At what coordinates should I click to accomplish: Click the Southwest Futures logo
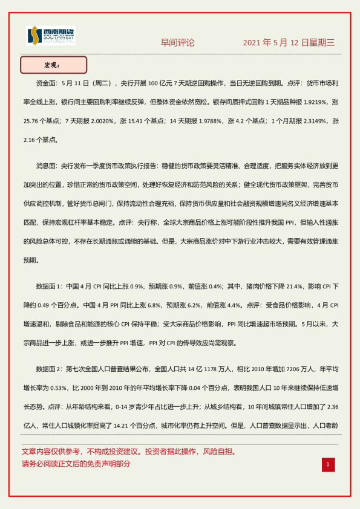51,36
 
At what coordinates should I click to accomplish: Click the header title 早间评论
178,43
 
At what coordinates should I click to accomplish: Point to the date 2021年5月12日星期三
289,43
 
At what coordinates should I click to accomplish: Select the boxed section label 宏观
53,65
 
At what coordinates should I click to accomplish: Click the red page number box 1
327,464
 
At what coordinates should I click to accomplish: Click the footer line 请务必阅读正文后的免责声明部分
76,464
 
